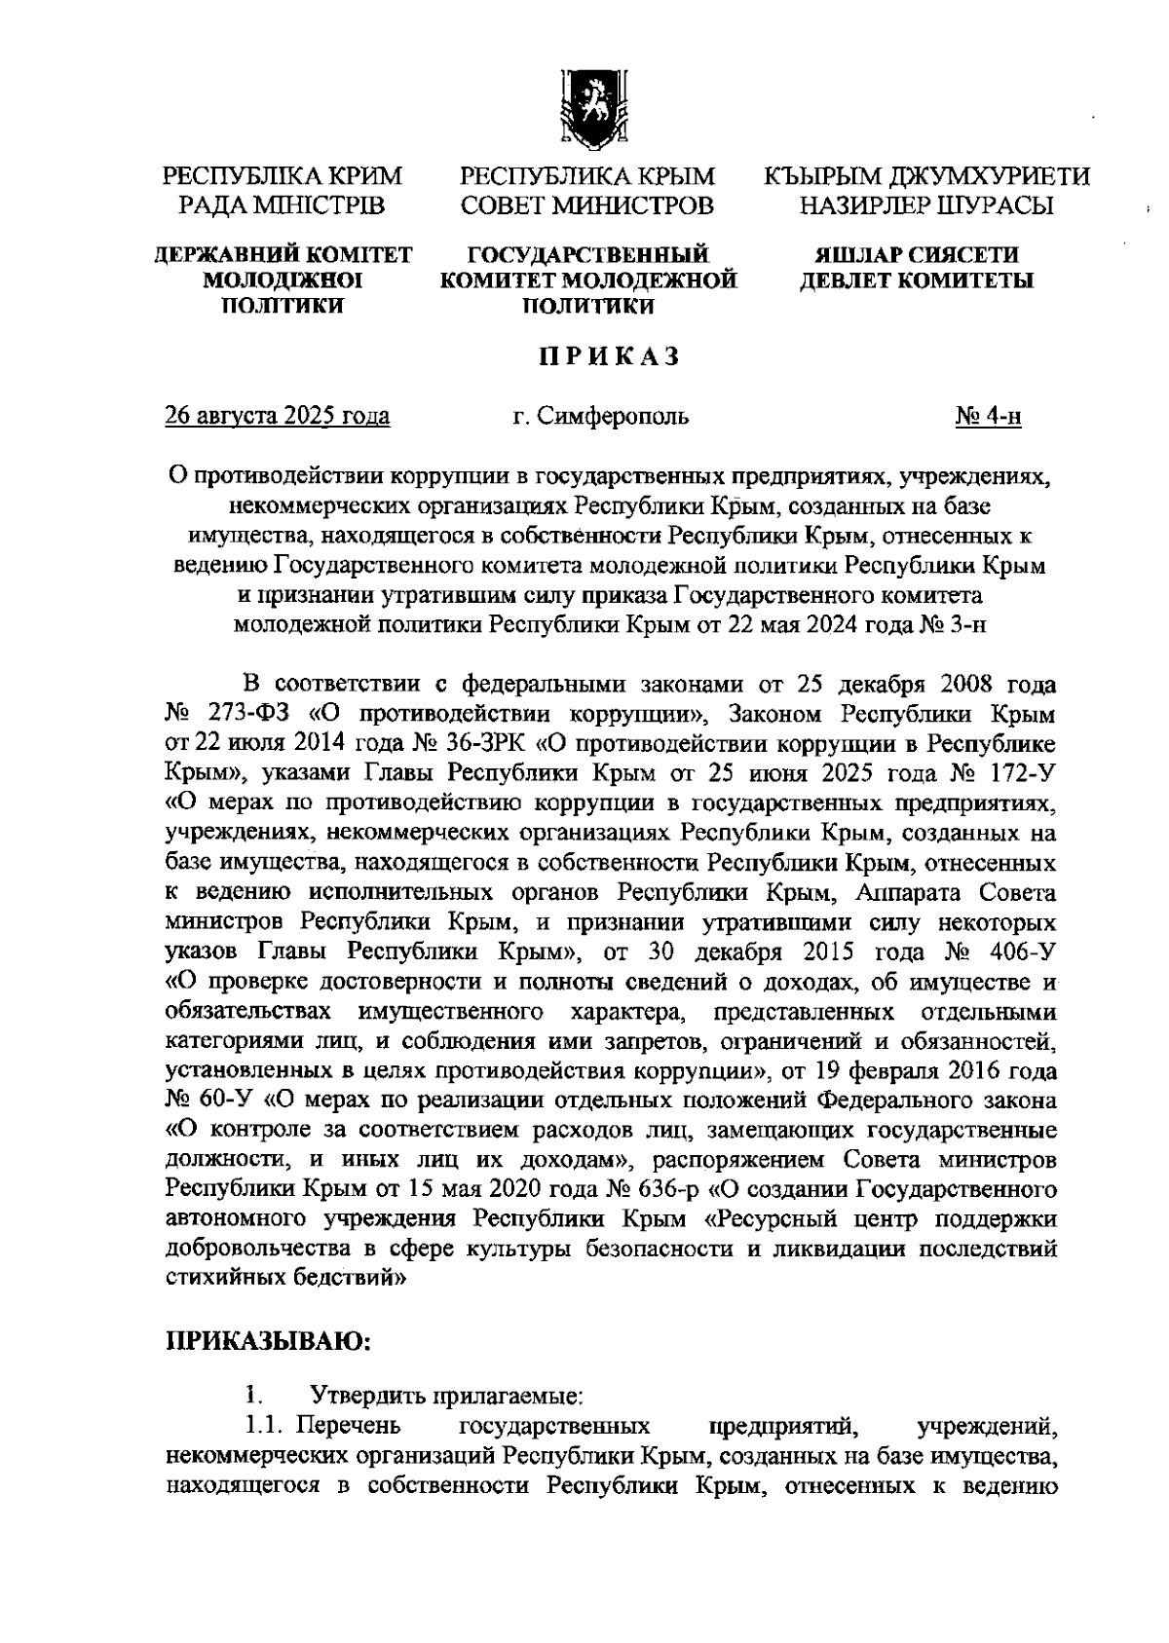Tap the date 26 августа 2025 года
[x=279, y=417]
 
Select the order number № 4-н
[x=988, y=417]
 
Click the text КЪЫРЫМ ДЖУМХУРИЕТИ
[x=925, y=177]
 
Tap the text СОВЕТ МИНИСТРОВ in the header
[x=587, y=205]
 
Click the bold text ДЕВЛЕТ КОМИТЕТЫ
[x=917, y=281]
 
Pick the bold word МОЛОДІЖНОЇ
[x=283, y=281]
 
